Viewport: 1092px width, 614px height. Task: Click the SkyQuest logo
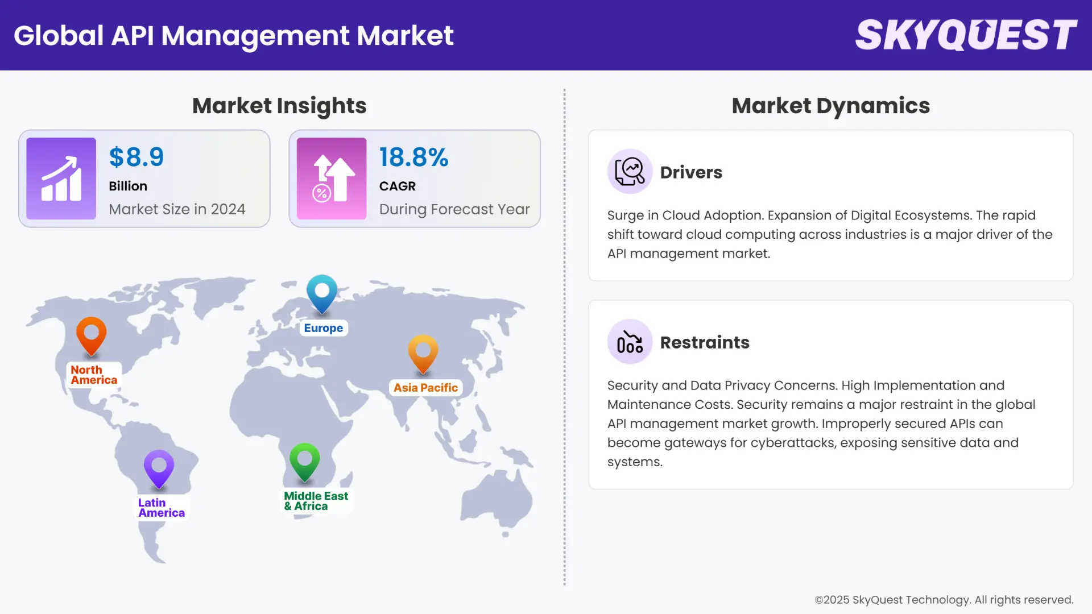click(x=966, y=35)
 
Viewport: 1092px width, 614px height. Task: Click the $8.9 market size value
click(x=136, y=157)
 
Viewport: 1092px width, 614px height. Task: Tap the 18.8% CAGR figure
click(x=413, y=157)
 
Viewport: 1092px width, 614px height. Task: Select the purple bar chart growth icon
click(x=61, y=179)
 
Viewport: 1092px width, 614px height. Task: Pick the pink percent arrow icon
click(x=332, y=179)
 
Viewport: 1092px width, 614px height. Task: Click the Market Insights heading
click(x=279, y=106)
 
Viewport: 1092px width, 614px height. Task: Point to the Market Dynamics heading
click(x=830, y=106)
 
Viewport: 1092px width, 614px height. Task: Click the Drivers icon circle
click(x=630, y=171)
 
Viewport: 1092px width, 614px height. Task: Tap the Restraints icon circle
click(x=630, y=342)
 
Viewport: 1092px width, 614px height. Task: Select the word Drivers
click(x=691, y=172)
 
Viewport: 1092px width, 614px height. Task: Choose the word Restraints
click(x=705, y=342)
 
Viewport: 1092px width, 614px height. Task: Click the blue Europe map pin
click(x=322, y=292)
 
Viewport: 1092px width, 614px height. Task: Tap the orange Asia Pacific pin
click(x=423, y=352)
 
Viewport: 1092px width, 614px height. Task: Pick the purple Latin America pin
click(x=159, y=467)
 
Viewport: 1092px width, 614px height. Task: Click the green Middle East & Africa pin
click(x=305, y=460)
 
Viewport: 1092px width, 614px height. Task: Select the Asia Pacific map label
click(x=425, y=388)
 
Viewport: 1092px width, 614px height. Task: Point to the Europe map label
click(x=323, y=328)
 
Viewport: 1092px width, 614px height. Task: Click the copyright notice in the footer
click(x=944, y=600)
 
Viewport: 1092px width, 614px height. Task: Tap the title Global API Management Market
click(x=234, y=35)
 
